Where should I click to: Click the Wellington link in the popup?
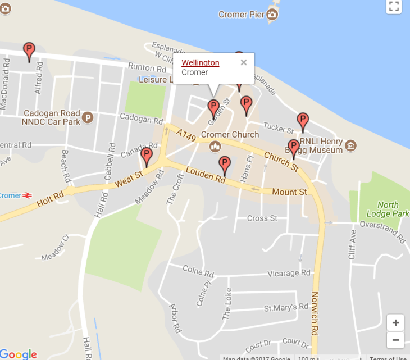(x=200, y=62)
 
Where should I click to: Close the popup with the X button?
(x=244, y=62)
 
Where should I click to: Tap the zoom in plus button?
(x=395, y=323)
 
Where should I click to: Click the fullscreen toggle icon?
(x=394, y=6)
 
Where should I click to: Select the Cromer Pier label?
(x=240, y=15)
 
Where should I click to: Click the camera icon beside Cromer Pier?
(x=272, y=15)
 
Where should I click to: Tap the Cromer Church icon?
(x=215, y=147)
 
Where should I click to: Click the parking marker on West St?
(x=147, y=157)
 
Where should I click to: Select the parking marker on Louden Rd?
(x=225, y=165)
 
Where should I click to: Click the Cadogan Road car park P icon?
(x=88, y=117)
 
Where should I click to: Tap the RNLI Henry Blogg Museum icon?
(x=351, y=146)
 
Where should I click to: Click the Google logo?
(x=19, y=354)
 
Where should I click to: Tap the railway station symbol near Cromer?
(x=26, y=195)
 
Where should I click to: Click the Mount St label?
(x=289, y=192)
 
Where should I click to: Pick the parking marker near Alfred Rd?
(x=29, y=51)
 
